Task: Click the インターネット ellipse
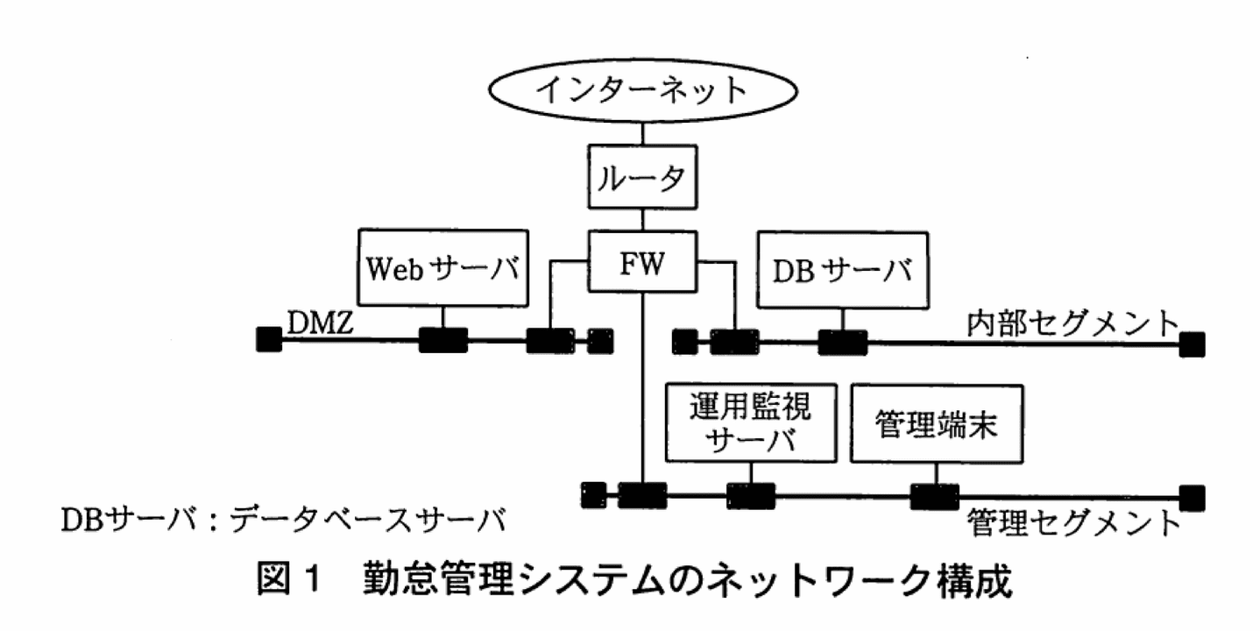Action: click(x=642, y=89)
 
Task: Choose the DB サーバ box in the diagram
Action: click(x=842, y=268)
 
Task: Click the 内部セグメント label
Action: click(x=1072, y=323)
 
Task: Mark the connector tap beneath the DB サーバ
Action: click(x=842, y=341)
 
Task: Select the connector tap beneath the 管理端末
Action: click(x=934, y=496)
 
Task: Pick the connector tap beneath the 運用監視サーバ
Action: click(x=750, y=496)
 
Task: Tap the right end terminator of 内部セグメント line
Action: click(x=1191, y=344)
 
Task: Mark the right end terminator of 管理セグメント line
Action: click(x=1191, y=497)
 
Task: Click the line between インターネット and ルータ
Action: click(x=642, y=132)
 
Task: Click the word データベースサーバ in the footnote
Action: click(x=368, y=520)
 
